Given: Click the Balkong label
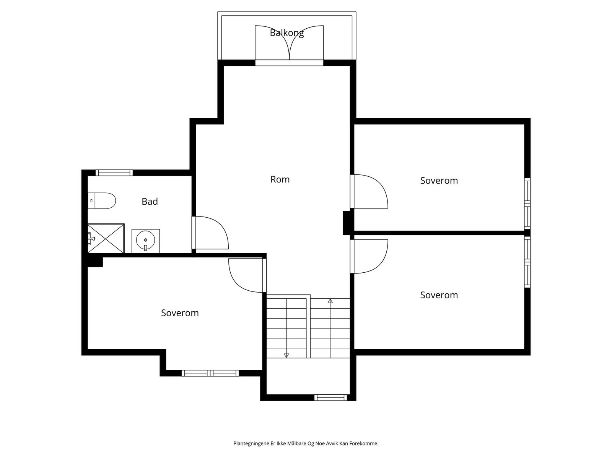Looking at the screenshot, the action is (286, 33).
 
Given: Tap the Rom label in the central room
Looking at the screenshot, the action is (280, 179).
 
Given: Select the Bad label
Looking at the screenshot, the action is (150, 201).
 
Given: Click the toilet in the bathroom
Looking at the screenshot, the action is (101, 201).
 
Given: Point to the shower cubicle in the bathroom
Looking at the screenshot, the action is (106, 238).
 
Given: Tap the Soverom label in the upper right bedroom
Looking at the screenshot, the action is (439, 181).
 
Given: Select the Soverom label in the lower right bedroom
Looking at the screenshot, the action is (439, 295).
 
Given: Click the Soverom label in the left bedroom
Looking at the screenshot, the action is (180, 313).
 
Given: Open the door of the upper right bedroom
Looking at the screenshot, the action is (369, 192).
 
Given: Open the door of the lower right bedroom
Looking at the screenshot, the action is (369, 256).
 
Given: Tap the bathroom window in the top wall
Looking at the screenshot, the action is (114, 173).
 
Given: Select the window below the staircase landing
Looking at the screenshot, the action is (331, 398).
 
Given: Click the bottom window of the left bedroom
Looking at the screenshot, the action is (210, 373).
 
